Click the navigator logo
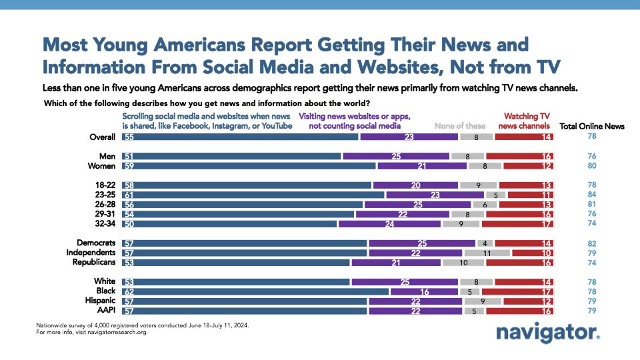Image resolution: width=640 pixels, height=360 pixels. [x=547, y=333]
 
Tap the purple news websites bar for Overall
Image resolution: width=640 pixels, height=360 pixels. [x=409, y=137]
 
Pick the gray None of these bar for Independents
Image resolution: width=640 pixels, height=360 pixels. [x=487, y=253]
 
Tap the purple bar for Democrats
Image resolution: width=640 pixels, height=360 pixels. [x=421, y=243]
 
